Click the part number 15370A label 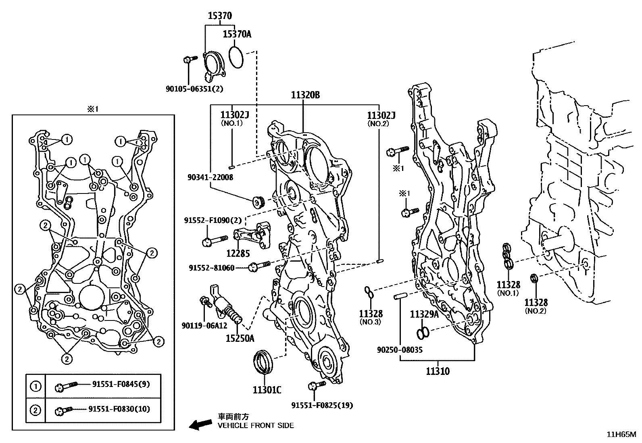click(x=237, y=34)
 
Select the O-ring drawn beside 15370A click(x=236, y=57)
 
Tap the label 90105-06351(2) click(x=194, y=89)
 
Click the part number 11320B click(x=305, y=95)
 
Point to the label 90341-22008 click(x=210, y=177)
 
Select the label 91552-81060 click(x=211, y=268)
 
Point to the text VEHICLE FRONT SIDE click(x=256, y=425)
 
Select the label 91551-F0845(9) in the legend click(x=119, y=384)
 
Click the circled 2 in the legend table click(x=35, y=410)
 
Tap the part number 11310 click(x=437, y=371)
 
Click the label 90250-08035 click(x=400, y=350)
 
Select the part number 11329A click(x=424, y=314)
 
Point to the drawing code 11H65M click(x=621, y=434)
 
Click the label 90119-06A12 click(x=198, y=326)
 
